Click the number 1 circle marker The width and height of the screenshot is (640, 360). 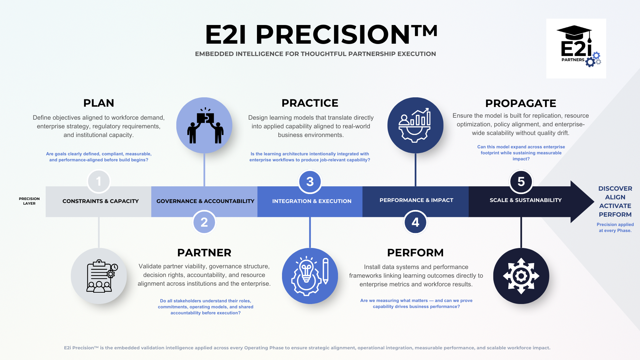point(99,182)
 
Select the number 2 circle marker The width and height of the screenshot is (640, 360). point(204,222)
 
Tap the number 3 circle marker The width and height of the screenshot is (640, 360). point(310,182)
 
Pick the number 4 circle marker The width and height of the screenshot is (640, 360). point(415,222)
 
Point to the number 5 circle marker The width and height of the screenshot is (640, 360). point(521,182)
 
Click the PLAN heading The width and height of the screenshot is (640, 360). point(99,103)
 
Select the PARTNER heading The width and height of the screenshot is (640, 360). point(204,253)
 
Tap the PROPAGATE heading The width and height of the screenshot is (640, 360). point(521,103)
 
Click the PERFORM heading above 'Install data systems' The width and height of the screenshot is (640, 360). point(415,253)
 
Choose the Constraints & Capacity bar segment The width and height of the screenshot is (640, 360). point(100,201)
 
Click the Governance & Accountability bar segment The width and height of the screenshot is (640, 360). point(205,201)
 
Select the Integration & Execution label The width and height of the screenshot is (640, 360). point(312,201)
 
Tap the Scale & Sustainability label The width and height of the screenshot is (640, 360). point(526,200)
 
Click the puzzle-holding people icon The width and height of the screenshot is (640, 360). point(204,125)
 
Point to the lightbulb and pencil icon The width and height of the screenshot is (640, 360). point(310,276)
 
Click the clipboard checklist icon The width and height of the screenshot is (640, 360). point(99,276)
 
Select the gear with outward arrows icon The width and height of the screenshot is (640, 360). point(521,276)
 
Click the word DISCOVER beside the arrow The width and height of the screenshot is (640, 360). point(615,189)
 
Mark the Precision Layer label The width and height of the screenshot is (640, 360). point(29,201)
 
